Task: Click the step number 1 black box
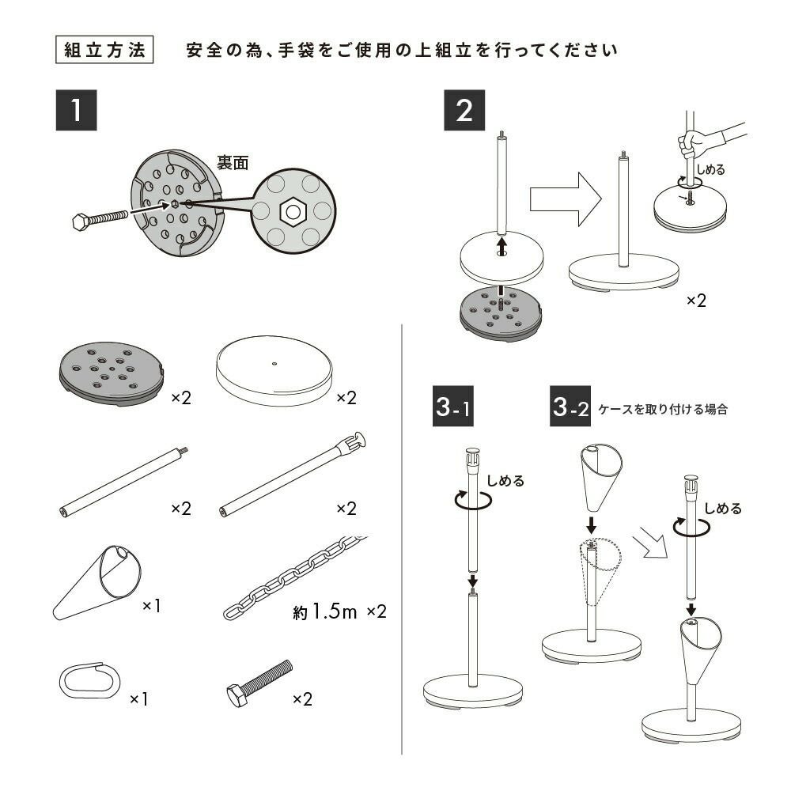click(x=76, y=111)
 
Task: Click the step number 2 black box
click(x=464, y=111)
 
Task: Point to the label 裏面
click(x=233, y=163)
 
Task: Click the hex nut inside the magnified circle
click(x=293, y=211)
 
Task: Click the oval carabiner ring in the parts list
click(x=87, y=679)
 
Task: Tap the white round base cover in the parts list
click(x=274, y=371)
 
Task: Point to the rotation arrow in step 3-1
click(x=471, y=499)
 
